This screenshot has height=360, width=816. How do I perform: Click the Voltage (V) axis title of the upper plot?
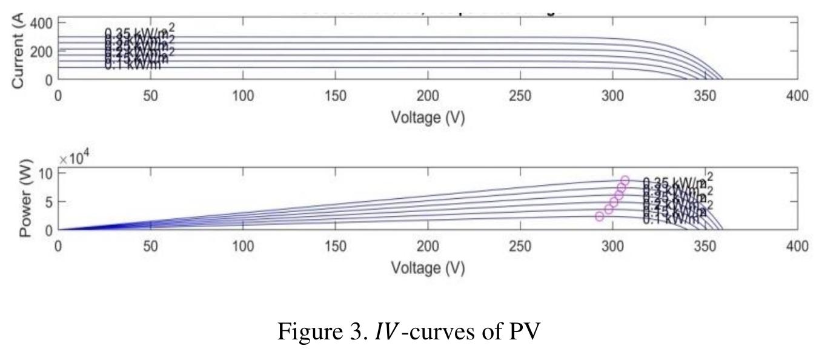(x=428, y=118)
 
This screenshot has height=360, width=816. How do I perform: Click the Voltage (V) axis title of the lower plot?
(x=428, y=267)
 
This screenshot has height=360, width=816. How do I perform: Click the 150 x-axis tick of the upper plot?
(x=336, y=96)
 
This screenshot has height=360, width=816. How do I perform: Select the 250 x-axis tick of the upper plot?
(x=520, y=96)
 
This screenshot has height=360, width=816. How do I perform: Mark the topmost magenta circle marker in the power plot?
(x=625, y=181)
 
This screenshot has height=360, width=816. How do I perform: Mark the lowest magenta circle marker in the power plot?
(x=600, y=216)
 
